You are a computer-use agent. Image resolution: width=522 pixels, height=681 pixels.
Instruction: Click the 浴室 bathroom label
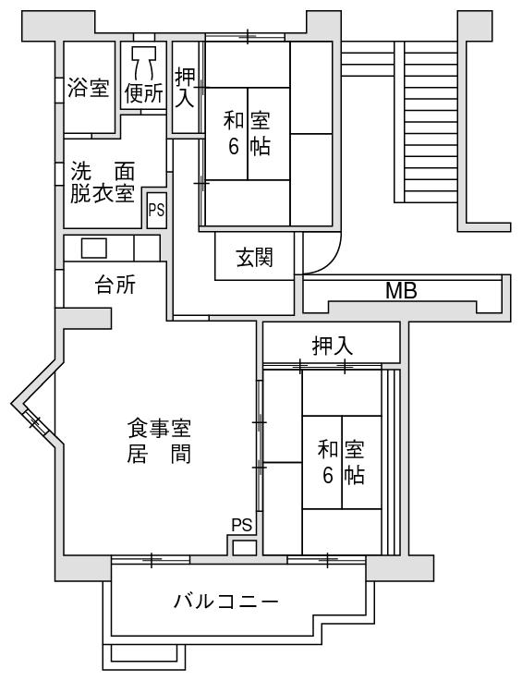[x=88, y=88]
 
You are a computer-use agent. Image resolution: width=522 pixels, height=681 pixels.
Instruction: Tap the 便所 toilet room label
[x=144, y=92]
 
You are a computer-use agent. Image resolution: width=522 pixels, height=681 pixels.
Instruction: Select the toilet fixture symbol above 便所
[x=144, y=62]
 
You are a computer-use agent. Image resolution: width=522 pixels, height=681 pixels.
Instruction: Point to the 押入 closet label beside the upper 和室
[x=185, y=88]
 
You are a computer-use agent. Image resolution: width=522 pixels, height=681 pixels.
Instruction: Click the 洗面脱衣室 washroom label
[x=103, y=182]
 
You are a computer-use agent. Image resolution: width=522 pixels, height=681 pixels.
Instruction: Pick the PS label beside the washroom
[x=156, y=210]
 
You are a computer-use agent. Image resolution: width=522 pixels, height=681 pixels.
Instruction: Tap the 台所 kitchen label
[x=115, y=285]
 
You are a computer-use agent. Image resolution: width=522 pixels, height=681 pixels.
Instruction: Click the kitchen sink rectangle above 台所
[x=94, y=248]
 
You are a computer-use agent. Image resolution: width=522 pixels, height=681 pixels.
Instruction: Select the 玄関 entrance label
[x=254, y=257]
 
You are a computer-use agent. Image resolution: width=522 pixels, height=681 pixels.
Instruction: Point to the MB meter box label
[x=401, y=290]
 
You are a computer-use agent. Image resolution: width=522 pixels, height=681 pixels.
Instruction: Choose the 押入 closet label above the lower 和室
[x=333, y=346]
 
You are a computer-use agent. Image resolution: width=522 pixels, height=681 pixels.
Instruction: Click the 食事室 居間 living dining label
[x=159, y=441]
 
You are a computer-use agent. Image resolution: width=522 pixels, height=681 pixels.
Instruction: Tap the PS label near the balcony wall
[x=242, y=525]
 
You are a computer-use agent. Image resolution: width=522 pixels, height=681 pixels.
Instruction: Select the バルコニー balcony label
[x=225, y=602]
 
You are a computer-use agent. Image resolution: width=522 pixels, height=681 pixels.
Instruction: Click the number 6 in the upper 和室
[x=234, y=147]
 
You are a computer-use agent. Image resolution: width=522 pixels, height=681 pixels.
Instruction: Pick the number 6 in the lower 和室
[x=328, y=476]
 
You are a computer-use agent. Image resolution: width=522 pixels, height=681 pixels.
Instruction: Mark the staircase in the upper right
[x=426, y=122]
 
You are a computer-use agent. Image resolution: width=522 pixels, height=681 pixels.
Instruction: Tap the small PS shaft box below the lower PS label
[x=245, y=548]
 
